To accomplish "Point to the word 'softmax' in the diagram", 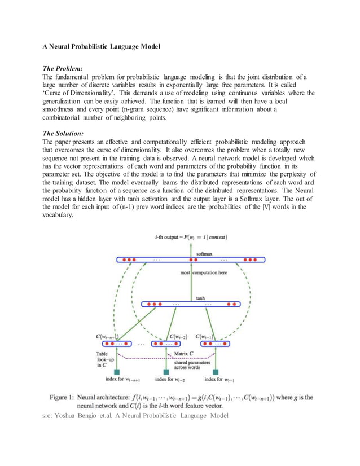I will [x=205, y=254].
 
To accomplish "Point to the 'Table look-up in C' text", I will [x=107, y=359].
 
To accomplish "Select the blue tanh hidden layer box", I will [x=191, y=304].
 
